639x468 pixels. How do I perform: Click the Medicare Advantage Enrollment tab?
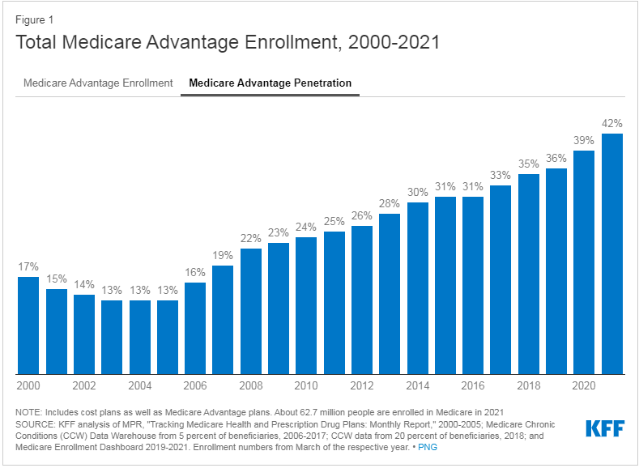click(98, 83)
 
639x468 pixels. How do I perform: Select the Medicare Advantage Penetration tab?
click(270, 83)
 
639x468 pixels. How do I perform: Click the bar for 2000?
click(28, 324)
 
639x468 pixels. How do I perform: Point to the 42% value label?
click(611, 124)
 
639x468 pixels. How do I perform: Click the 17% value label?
click(28, 267)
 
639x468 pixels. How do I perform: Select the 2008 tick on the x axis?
click(250, 385)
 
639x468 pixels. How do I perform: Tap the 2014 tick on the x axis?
click(417, 385)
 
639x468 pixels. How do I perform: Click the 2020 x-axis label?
click(584, 385)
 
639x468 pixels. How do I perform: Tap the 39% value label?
click(584, 141)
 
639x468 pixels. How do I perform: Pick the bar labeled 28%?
click(390, 292)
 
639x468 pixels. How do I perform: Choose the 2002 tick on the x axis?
click(83, 385)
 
